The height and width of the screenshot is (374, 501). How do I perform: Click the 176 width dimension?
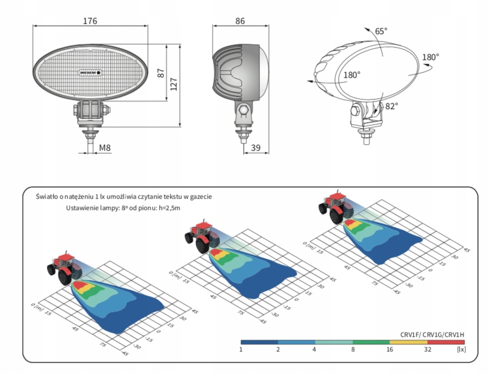click(x=90, y=21)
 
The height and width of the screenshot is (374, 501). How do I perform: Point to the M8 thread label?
click(x=105, y=147)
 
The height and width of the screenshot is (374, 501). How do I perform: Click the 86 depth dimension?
click(x=240, y=21)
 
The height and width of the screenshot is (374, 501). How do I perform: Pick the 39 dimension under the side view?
click(x=256, y=147)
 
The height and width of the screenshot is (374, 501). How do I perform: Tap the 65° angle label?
click(x=381, y=31)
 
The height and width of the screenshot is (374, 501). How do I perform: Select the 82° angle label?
click(x=392, y=106)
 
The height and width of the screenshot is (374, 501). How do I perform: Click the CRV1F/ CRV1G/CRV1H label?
click(x=433, y=335)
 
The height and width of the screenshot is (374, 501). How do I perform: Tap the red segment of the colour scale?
click(x=445, y=342)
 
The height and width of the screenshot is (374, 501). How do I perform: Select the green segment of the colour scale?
click(x=370, y=342)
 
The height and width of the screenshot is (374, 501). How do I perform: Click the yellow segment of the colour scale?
click(x=408, y=342)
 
